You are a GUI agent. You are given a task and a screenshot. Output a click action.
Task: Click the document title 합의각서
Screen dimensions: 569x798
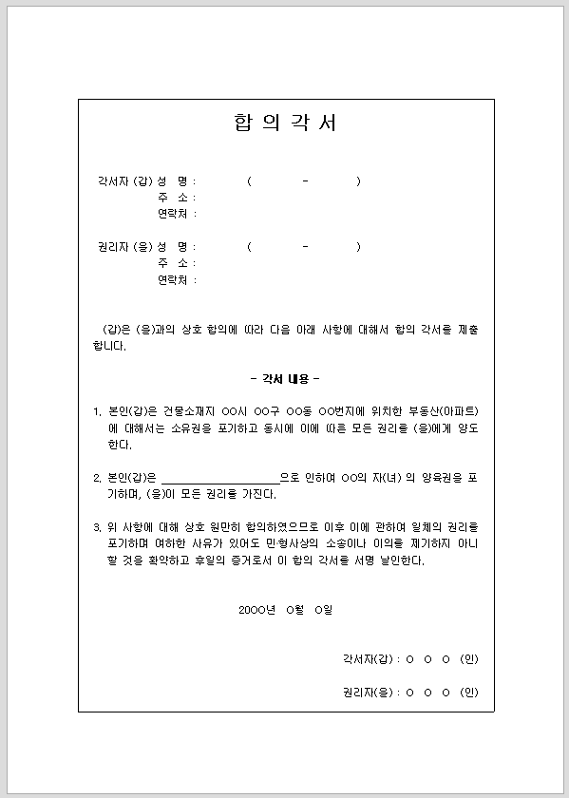(284, 123)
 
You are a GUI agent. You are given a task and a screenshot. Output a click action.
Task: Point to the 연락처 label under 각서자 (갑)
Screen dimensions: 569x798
(176, 213)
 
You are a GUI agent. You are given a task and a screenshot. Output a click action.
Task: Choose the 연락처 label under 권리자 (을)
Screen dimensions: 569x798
(176, 279)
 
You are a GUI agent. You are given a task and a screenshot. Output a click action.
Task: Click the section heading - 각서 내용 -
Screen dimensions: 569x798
(285, 378)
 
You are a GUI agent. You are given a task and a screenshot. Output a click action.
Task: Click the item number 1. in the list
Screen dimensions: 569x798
(97, 411)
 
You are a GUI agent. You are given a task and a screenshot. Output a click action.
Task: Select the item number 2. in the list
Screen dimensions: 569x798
(97, 478)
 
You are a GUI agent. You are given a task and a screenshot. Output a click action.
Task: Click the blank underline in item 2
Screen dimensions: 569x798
(220, 478)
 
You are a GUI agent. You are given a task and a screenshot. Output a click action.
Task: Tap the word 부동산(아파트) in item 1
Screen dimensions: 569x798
(445, 411)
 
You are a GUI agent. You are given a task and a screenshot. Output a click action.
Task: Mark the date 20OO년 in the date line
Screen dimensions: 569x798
(257, 609)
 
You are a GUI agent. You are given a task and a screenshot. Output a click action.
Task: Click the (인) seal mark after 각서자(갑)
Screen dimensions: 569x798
(467, 658)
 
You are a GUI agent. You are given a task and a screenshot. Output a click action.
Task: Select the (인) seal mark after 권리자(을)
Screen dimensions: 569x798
(467, 692)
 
